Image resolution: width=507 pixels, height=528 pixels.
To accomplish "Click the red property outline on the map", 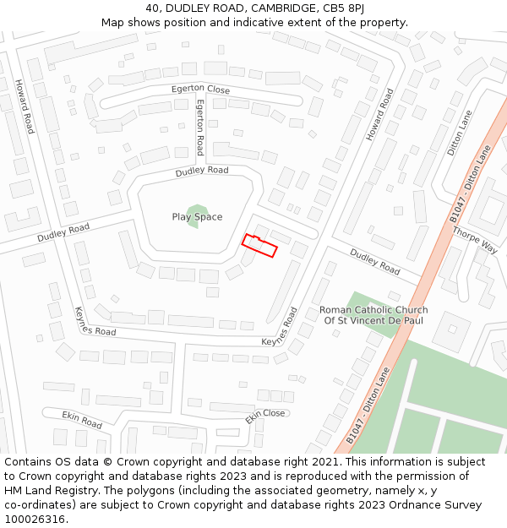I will pyautogui.click(x=260, y=245).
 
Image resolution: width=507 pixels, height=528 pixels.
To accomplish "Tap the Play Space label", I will pyautogui.click(x=197, y=217).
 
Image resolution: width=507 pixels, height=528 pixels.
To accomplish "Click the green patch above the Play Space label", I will pyautogui.click(x=197, y=206).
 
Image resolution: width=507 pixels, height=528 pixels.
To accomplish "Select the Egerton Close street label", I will pyautogui.click(x=200, y=89).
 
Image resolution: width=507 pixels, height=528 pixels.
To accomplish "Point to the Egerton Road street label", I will pyautogui.click(x=200, y=127).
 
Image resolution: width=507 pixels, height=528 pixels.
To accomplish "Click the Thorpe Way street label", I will pyautogui.click(x=474, y=238).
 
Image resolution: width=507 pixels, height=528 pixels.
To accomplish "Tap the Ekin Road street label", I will pyautogui.click(x=82, y=419).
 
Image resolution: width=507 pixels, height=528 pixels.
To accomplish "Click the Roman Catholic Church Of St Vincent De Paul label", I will pyautogui.click(x=373, y=315).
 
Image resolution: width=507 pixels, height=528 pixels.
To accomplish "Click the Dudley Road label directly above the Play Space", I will pyautogui.click(x=202, y=171).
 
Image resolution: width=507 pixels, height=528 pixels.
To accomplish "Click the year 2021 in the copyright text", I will pyautogui.click(x=324, y=462).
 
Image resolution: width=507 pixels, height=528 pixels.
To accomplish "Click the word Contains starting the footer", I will pyautogui.click(x=27, y=462).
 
